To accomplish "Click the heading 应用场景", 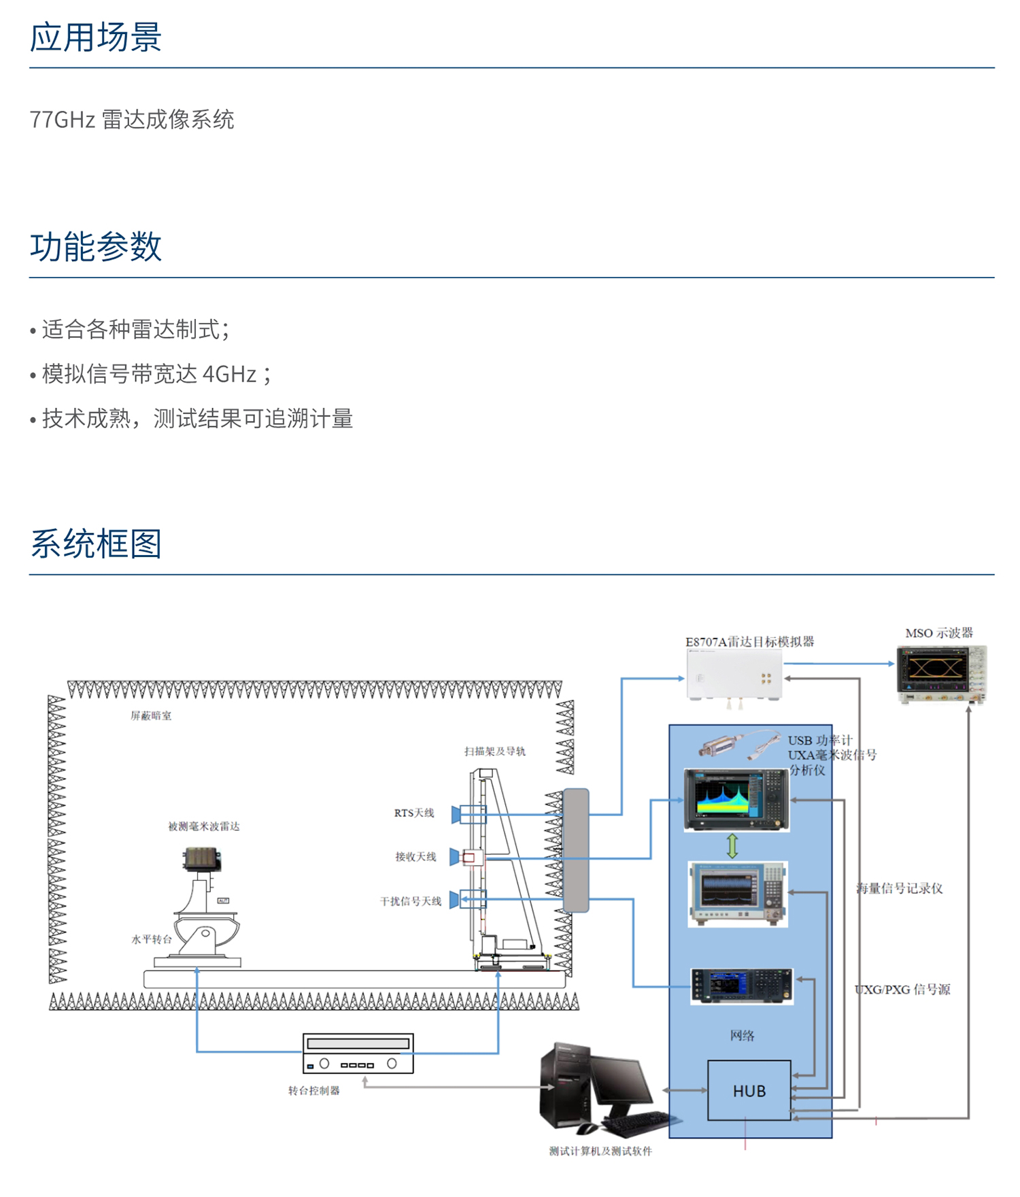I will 95,37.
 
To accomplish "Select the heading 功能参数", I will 95,246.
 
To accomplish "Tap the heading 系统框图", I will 95,543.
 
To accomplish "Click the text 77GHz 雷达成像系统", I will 132,120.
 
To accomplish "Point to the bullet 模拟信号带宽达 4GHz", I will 156,374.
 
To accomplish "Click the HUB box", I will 749,1091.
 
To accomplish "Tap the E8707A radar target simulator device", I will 734,675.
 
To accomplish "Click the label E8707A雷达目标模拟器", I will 749,641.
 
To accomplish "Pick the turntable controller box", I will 358,1053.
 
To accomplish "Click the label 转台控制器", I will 313,1091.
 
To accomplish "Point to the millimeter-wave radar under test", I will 202,859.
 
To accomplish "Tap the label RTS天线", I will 413,813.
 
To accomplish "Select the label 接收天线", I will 415,857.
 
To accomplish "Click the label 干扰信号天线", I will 410,901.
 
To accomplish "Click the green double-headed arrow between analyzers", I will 732,845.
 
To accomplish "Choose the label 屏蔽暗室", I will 151,715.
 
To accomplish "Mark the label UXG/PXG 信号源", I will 902,990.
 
